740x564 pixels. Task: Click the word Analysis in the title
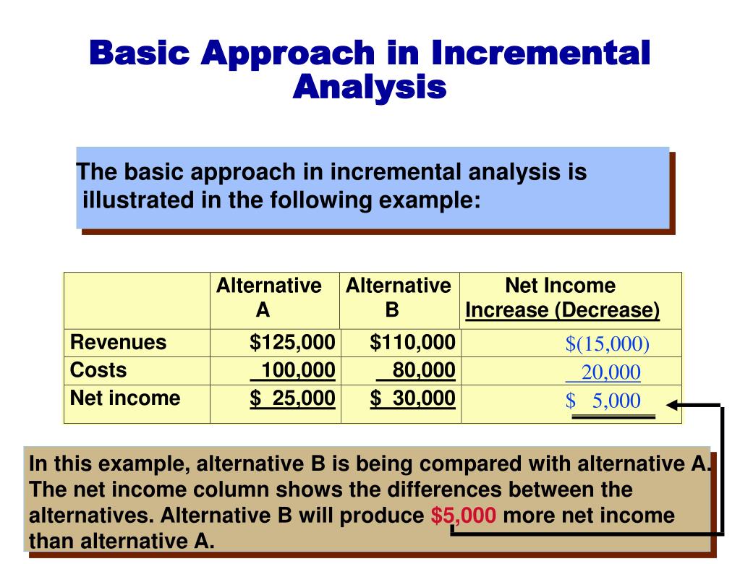point(370,87)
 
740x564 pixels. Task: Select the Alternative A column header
point(268,297)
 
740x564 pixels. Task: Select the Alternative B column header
point(398,297)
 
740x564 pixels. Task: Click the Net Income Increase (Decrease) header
point(562,297)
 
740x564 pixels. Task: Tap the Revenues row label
point(118,342)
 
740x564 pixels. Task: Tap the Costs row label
point(98,370)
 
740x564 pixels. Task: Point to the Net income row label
point(125,398)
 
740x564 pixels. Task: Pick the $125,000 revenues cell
point(292,342)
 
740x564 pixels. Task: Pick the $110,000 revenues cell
point(412,342)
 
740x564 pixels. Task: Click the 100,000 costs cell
point(297,371)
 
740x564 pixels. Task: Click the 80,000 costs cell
point(422,371)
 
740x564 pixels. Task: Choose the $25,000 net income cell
point(292,398)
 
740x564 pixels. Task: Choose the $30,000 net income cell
point(412,398)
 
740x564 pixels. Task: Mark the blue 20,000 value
point(610,372)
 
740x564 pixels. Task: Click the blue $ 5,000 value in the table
point(603,401)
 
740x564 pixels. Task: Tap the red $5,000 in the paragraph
point(463,516)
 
